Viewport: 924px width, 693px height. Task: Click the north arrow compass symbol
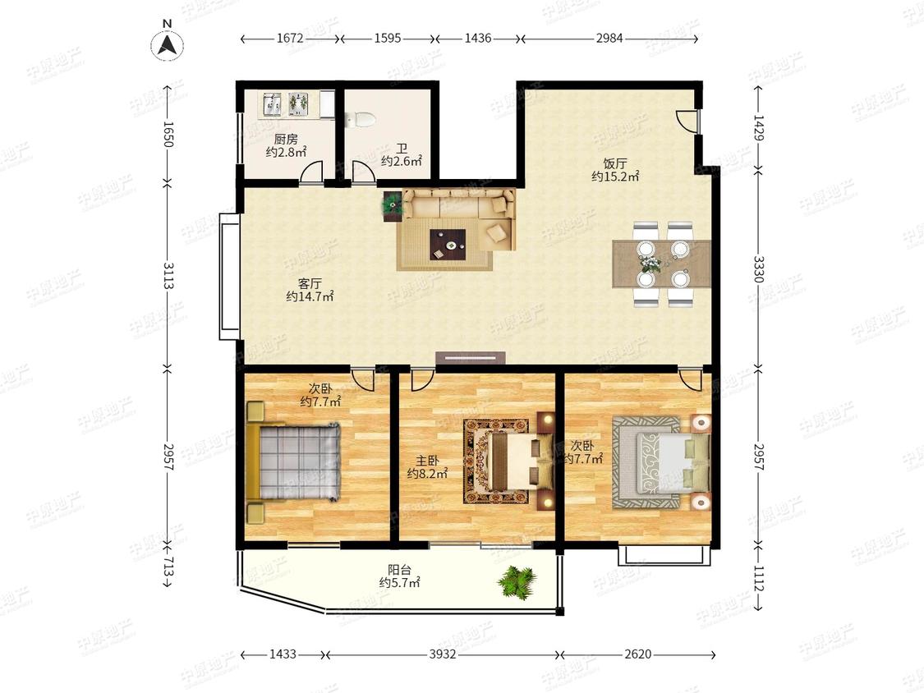coord(168,44)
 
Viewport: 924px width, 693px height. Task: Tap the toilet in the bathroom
coord(361,120)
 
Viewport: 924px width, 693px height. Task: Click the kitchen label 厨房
coord(286,140)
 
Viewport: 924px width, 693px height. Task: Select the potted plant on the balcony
coord(517,582)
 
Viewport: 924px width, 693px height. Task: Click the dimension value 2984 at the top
coord(609,39)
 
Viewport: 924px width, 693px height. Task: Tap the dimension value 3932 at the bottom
coord(443,654)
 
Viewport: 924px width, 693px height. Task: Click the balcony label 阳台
coord(399,570)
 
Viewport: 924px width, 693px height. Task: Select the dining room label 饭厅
coord(615,163)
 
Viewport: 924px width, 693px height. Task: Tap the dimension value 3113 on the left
coord(168,275)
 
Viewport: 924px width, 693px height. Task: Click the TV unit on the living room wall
coord(471,358)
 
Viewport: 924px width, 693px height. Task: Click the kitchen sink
coord(272,103)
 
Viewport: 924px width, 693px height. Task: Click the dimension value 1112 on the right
coord(758,579)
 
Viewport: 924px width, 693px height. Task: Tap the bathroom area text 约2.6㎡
coord(402,161)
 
